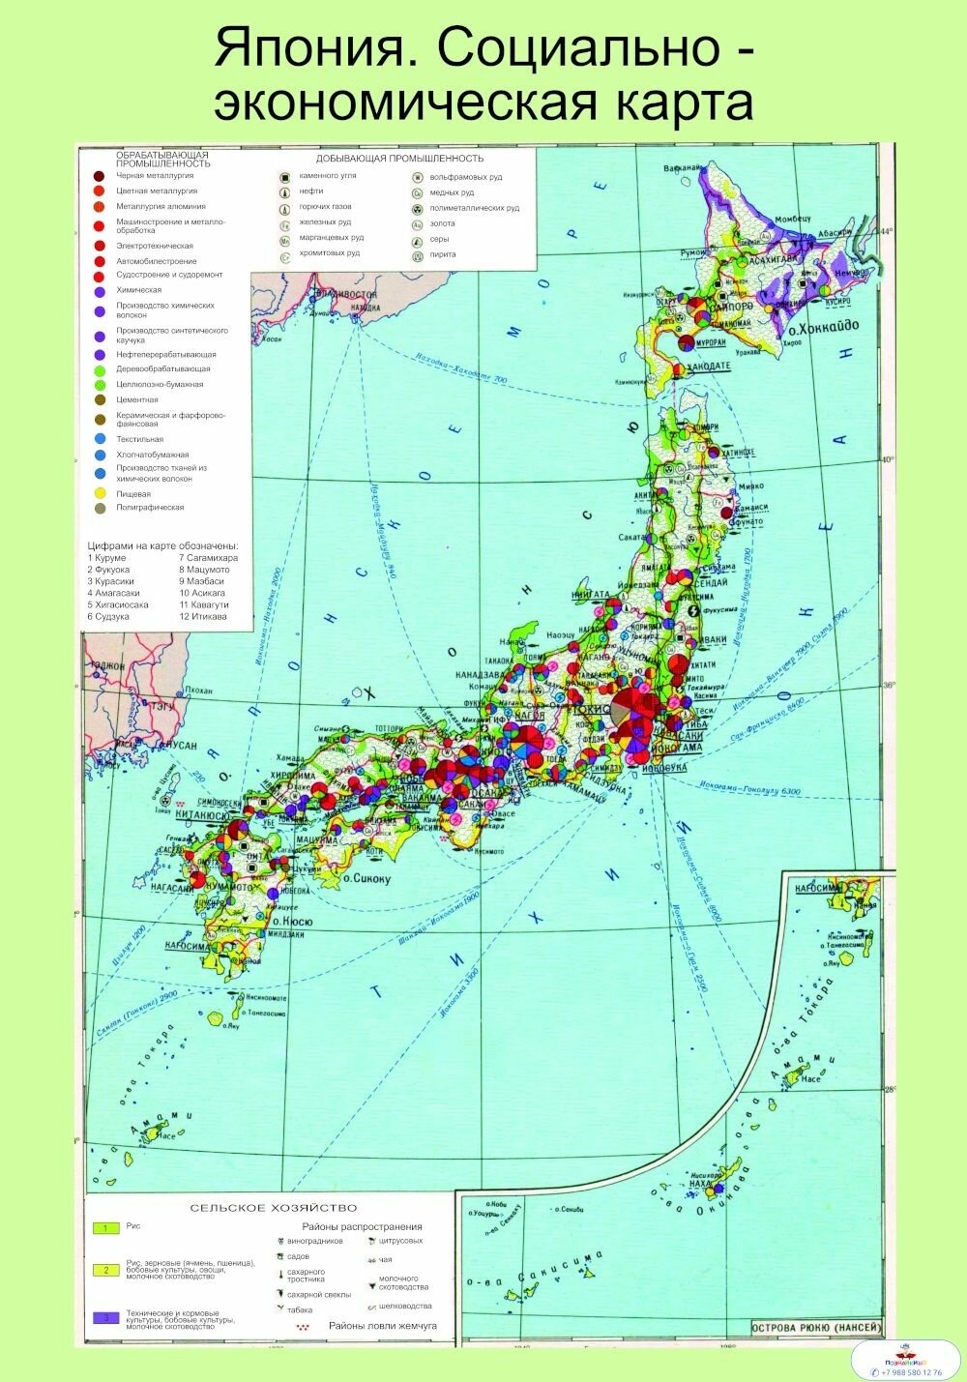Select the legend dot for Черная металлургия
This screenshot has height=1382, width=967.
pyautogui.click(x=99, y=176)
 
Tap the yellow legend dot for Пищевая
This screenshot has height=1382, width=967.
pyautogui.click(x=99, y=494)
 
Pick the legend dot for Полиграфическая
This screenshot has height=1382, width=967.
pyautogui.click(x=99, y=508)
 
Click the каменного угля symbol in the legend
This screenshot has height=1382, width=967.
pyautogui.click(x=285, y=178)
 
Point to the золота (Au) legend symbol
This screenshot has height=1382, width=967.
pyautogui.click(x=417, y=224)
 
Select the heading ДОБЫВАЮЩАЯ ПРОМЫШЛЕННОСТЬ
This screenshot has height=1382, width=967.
pyautogui.click(x=399, y=159)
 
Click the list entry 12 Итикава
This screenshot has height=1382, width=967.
pyautogui.click(x=202, y=616)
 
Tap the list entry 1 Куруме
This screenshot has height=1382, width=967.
pyautogui.click(x=106, y=558)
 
